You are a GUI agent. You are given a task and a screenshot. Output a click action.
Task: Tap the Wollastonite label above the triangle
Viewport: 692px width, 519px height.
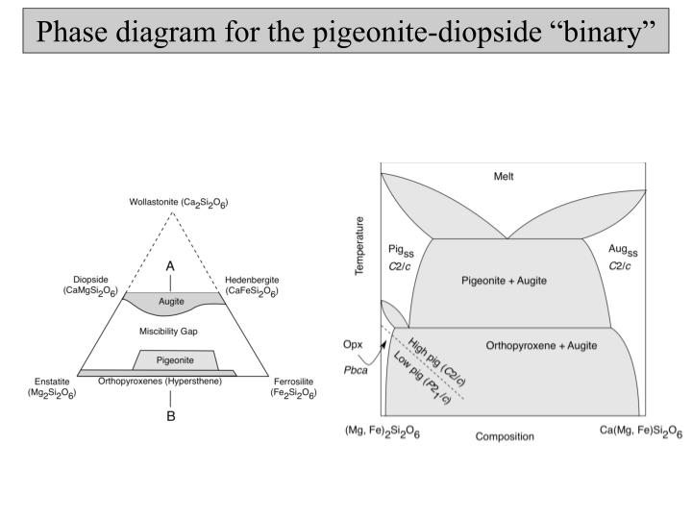point(179,204)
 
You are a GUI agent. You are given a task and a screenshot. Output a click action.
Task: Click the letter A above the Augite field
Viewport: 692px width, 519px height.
point(170,265)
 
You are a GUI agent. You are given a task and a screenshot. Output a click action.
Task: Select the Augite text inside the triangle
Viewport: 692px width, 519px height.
point(171,302)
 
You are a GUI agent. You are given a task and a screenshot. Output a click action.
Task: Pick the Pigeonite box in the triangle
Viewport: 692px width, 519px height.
point(173,359)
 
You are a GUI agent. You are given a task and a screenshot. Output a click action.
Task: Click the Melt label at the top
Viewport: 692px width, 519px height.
point(504,177)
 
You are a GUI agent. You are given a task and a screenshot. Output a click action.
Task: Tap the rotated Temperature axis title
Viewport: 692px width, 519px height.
point(360,247)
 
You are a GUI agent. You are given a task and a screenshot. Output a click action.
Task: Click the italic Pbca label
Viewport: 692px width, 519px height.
point(357,368)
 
